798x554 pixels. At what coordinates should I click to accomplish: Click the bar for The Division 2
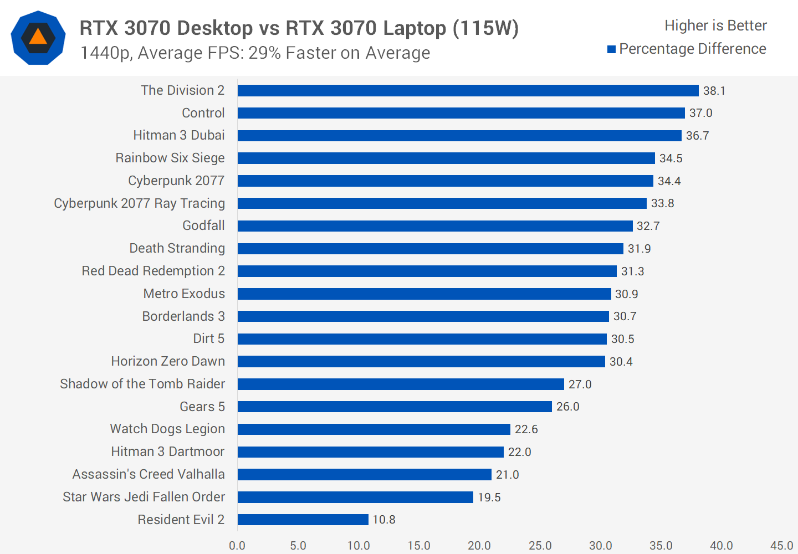click(x=468, y=90)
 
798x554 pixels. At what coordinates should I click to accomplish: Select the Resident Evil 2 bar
click(x=303, y=520)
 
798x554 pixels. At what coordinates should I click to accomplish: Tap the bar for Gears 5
click(x=395, y=407)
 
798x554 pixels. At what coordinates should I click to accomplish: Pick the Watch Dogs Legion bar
click(x=374, y=429)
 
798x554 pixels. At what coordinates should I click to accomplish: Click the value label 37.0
click(x=700, y=113)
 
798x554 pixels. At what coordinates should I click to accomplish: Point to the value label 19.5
click(x=489, y=497)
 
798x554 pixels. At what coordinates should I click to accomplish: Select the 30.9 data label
click(x=626, y=294)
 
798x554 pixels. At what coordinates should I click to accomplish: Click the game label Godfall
click(x=203, y=225)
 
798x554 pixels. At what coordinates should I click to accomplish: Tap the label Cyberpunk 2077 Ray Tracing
click(x=139, y=203)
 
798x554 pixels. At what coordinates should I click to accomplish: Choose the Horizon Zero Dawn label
click(x=168, y=361)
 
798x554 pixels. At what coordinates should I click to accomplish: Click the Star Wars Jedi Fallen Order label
click(x=144, y=497)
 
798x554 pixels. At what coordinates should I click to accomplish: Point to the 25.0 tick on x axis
click(x=540, y=546)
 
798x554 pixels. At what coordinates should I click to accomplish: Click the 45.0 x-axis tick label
click(x=781, y=546)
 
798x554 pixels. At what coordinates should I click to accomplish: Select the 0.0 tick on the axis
click(x=237, y=546)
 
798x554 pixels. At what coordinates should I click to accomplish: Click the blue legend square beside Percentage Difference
click(x=612, y=49)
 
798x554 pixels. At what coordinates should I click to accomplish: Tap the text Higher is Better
click(x=715, y=25)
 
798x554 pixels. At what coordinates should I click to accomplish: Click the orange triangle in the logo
click(x=38, y=37)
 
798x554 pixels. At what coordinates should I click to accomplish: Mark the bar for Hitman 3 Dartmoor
click(x=371, y=452)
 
